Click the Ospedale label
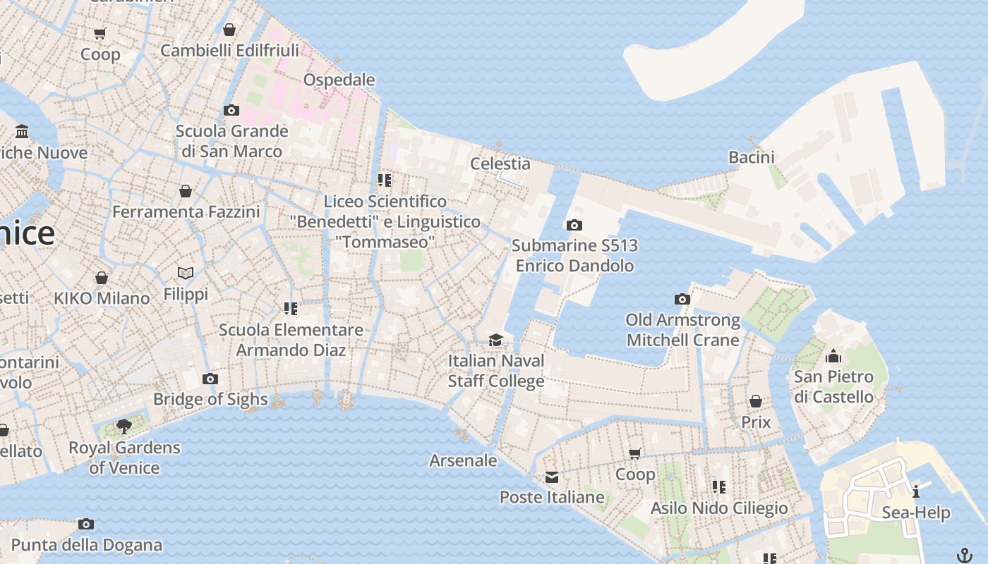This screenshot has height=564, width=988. click(x=339, y=80)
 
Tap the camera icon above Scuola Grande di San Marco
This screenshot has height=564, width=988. click(x=231, y=110)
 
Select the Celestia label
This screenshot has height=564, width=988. click(x=500, y=164)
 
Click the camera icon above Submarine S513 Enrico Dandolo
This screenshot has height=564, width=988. click(x=574, y=225)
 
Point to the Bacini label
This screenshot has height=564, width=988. click(x=752, y=157)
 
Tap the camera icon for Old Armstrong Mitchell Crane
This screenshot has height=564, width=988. click(x=682, y=299)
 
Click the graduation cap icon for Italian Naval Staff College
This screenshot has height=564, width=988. click(x=496, y=341)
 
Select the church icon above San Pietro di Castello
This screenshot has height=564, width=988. click(x=833, y=356)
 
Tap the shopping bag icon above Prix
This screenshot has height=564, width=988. click(x=756, y=401)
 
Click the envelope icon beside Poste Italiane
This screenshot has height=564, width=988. click(x=552, y=477)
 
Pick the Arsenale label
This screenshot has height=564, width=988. click(x=464, y=460)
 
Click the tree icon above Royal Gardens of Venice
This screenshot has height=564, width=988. click(x=124, y=427)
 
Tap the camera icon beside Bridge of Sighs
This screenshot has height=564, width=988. click(x=210, y=379)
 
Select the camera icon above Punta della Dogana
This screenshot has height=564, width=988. click(x=86, y=524)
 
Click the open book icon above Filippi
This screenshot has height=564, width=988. click(x=186, y=273)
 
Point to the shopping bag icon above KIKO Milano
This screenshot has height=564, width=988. click(x=102, y=278)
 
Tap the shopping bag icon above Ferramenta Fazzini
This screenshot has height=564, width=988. click(x=186, y=191)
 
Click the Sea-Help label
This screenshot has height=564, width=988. click(x=916, y=513)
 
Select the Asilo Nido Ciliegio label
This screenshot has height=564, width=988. click(x=719, y=508)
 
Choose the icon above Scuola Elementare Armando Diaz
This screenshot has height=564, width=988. click(x=291, y=309)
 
